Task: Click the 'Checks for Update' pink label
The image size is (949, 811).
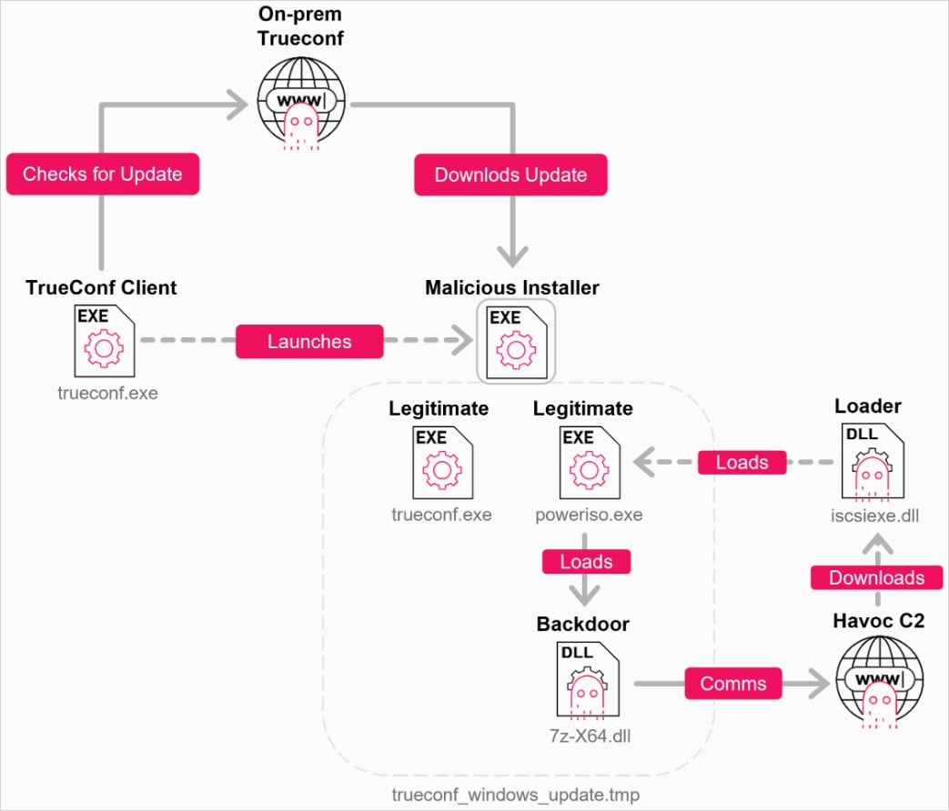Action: pyautogui.click(x=102, y=174)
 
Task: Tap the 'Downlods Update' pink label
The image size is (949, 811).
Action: pyautogui.click(x=510, y=175)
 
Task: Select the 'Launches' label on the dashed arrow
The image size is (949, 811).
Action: pyautogui.click(x=308, y=342)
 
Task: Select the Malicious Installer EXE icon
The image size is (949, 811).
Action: pyautogui.click(x=516, y=342)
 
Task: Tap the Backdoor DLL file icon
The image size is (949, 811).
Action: pyautogui.click(x=583, y=681)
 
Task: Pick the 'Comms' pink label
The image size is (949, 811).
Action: pyautogui.click(x=733, y=683)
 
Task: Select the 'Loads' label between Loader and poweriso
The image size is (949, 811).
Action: pyautogui.click(x=742, y=462)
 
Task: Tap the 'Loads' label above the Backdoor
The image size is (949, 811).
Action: pyautogui.click(x=586, y=561)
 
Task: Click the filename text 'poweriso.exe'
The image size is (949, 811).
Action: pyautogui.click(x=589, y=515)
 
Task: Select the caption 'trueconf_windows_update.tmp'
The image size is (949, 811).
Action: pyautogui.click(x=515, y=795)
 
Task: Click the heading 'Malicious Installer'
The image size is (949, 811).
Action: pyautogui.click(x=512, y=287)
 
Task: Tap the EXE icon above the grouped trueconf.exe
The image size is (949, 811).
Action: pyautogui.click(x=441, y=463)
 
